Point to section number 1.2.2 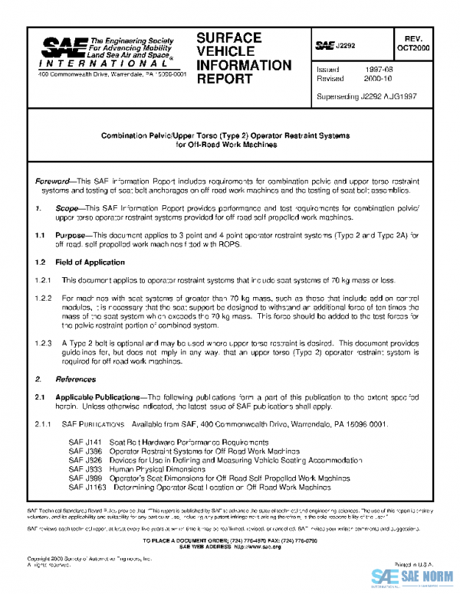point(44,296)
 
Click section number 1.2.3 point(44,344)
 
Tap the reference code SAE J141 point(84,442)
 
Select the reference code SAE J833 point(85,468)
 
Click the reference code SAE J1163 point(87,486)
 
